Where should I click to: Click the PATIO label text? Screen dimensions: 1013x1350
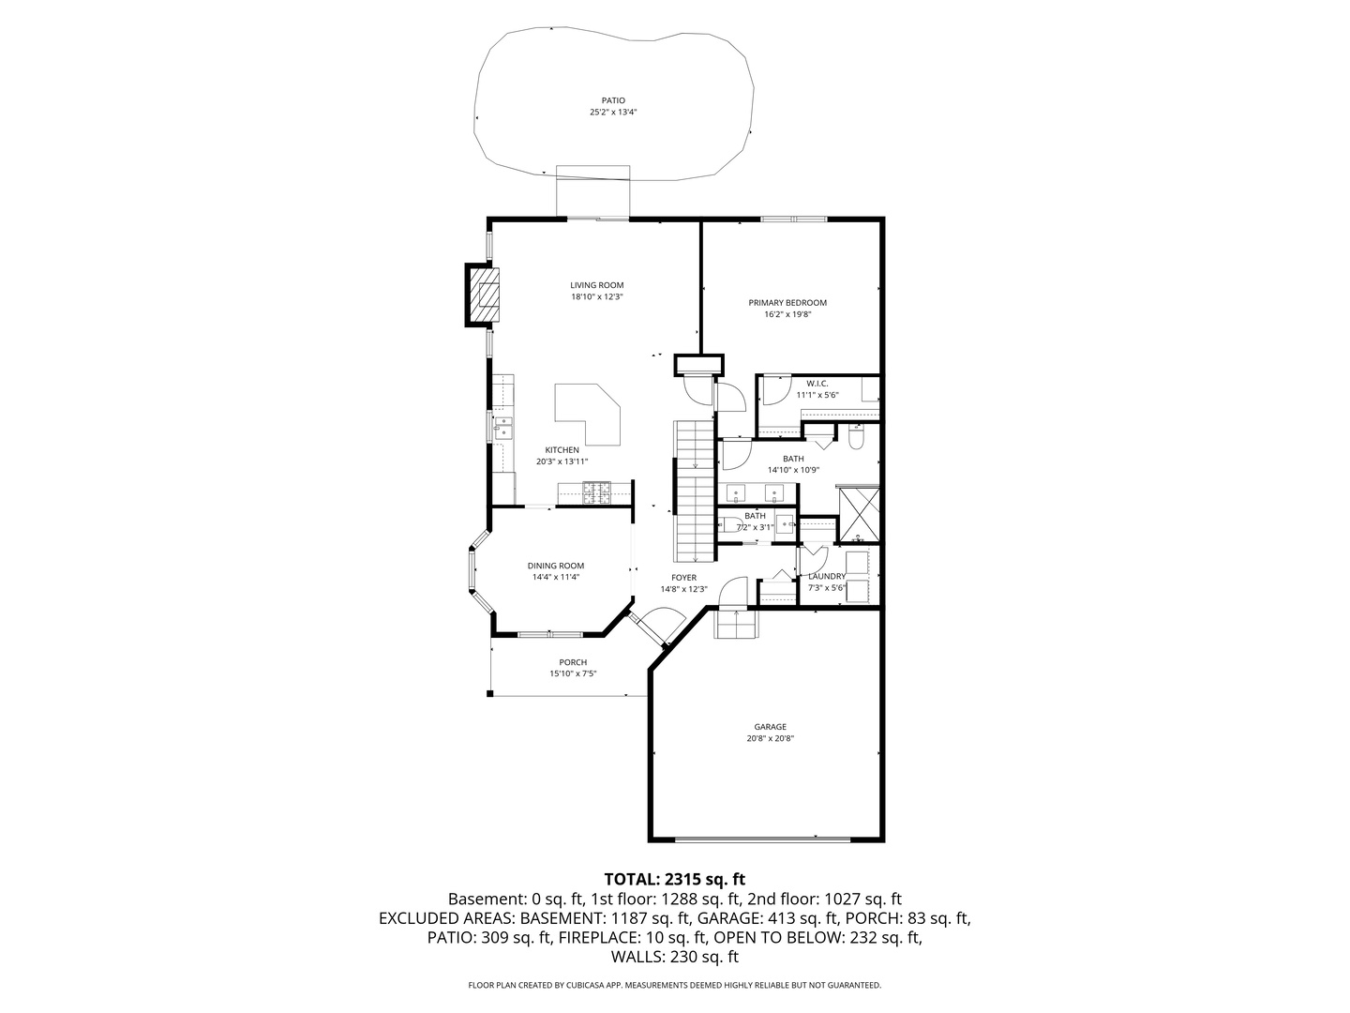(613, 100)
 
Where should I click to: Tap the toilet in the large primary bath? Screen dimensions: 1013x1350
(856, 438)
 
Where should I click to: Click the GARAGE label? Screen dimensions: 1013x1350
(770, 727)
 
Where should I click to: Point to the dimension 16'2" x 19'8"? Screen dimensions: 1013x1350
(787, 315)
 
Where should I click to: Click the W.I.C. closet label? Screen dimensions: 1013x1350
(817, 384)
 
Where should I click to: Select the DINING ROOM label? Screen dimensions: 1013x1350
(556, 566)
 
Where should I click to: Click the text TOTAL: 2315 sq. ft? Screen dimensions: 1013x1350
(674, 879)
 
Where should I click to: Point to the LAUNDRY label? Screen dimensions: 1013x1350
(827, 576)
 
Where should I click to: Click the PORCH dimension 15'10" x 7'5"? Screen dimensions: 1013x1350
(573, 673)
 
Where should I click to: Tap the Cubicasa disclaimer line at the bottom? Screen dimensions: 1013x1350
(674, 985)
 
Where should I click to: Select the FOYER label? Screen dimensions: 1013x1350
(683, 577)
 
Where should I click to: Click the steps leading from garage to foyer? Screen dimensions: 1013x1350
(734, 623)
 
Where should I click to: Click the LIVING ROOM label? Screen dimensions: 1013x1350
(596, 285)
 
